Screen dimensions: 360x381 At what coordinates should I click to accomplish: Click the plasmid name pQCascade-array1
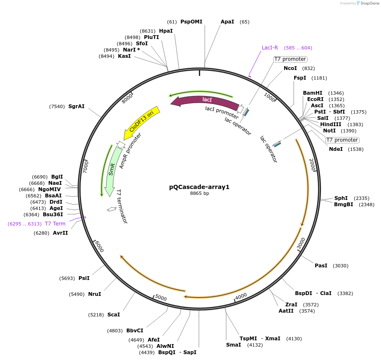[x=199, y=187]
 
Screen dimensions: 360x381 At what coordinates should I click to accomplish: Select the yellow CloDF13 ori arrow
[x=142, y=123]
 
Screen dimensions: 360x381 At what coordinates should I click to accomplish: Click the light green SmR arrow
[x=111, y=170]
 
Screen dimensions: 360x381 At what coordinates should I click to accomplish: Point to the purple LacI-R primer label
[x=270, y=48]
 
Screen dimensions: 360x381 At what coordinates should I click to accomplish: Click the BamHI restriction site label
[x=313, y=93]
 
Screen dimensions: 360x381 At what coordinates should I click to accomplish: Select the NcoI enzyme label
[x=290, y=68]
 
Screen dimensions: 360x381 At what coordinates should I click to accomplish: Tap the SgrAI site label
[x=76, y=106]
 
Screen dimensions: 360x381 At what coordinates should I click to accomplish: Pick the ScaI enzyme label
[x=113, y=314]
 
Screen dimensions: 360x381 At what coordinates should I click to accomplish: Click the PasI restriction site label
[x=321, y=266]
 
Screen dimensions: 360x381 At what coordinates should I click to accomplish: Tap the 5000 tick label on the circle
[x=161, y=298]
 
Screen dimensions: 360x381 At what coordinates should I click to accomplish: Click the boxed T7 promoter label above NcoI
[x=290, y=59]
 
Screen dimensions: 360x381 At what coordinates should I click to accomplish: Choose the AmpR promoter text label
[x=130, y=151]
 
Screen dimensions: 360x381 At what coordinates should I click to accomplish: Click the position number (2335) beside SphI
[x=361, y=198]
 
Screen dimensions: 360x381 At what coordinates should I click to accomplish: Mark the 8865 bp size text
[x=199, y=194]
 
